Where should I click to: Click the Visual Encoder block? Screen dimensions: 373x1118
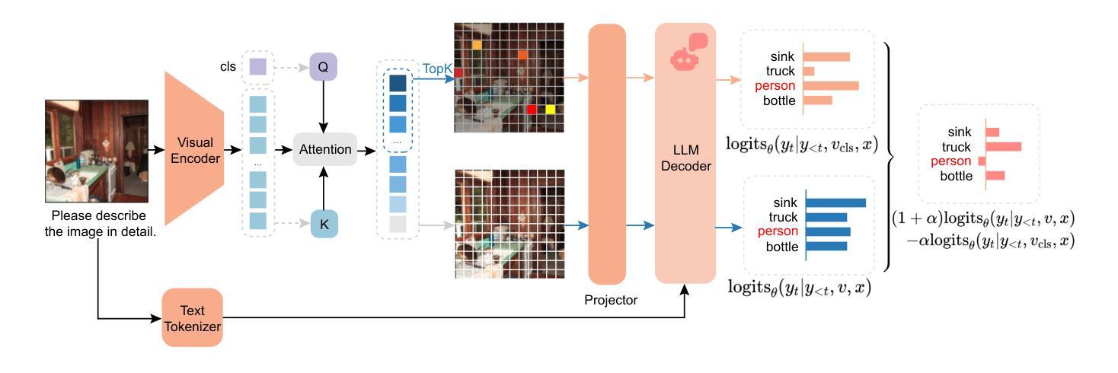point(193,149)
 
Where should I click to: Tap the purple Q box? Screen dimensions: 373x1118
point(323,66)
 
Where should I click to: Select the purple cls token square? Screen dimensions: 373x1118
point(257,68)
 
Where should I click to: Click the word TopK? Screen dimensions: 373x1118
point(438,69)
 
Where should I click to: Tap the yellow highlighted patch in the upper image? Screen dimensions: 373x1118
point(550,110)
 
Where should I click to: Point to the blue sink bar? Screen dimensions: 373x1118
point(835,202)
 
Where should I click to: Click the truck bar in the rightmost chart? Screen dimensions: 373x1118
point(1004,146)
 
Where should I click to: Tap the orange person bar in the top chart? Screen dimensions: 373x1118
point(830,85)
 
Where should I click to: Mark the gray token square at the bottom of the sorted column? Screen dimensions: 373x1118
point(398,224)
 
